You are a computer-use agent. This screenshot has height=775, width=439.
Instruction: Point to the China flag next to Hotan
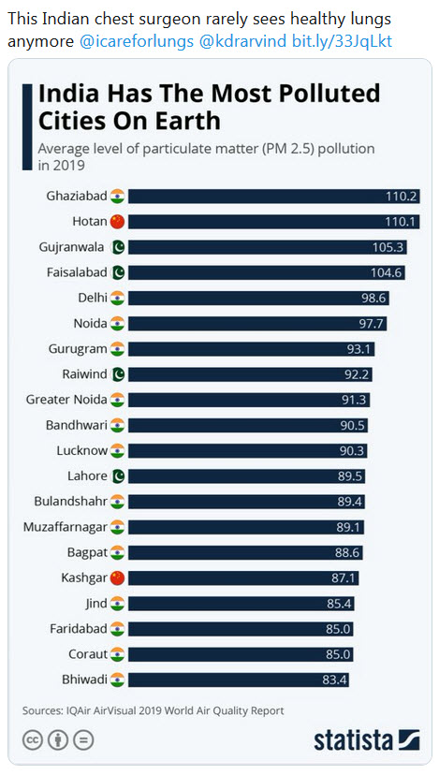click(x=117, y=222)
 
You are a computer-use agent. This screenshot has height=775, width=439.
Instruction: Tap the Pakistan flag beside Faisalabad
click(x=117, y=272)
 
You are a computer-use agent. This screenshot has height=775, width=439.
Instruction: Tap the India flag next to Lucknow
click(x=117, y=450)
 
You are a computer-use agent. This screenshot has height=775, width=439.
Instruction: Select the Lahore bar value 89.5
click(x=350, y=475)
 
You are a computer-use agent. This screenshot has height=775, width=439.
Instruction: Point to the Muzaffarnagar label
click(x=63, y=527)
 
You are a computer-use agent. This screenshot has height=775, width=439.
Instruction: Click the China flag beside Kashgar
click(x=117, y=578)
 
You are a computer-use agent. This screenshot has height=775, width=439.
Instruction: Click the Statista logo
click(x=366, y=738)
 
